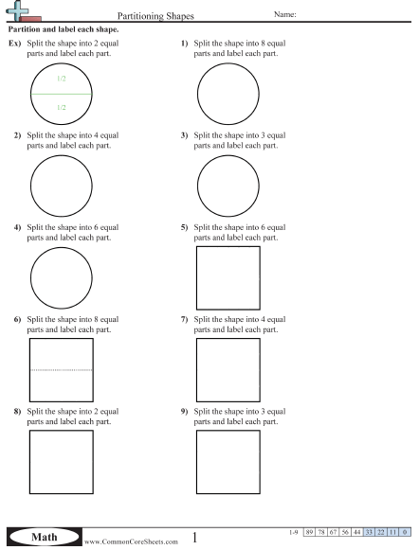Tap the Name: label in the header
click(285, 14)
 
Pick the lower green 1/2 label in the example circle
click(61, 109)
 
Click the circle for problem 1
click(228, 95)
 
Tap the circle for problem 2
click(62, 185)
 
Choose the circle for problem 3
click(228, 185)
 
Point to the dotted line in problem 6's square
click(62, 369)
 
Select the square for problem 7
click(228, 369)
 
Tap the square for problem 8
click(62, 462)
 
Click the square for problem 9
click(228, 462)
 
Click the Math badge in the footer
click(46, 538)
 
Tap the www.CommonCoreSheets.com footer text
click(131, 541)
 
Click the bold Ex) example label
click(14, 44)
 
